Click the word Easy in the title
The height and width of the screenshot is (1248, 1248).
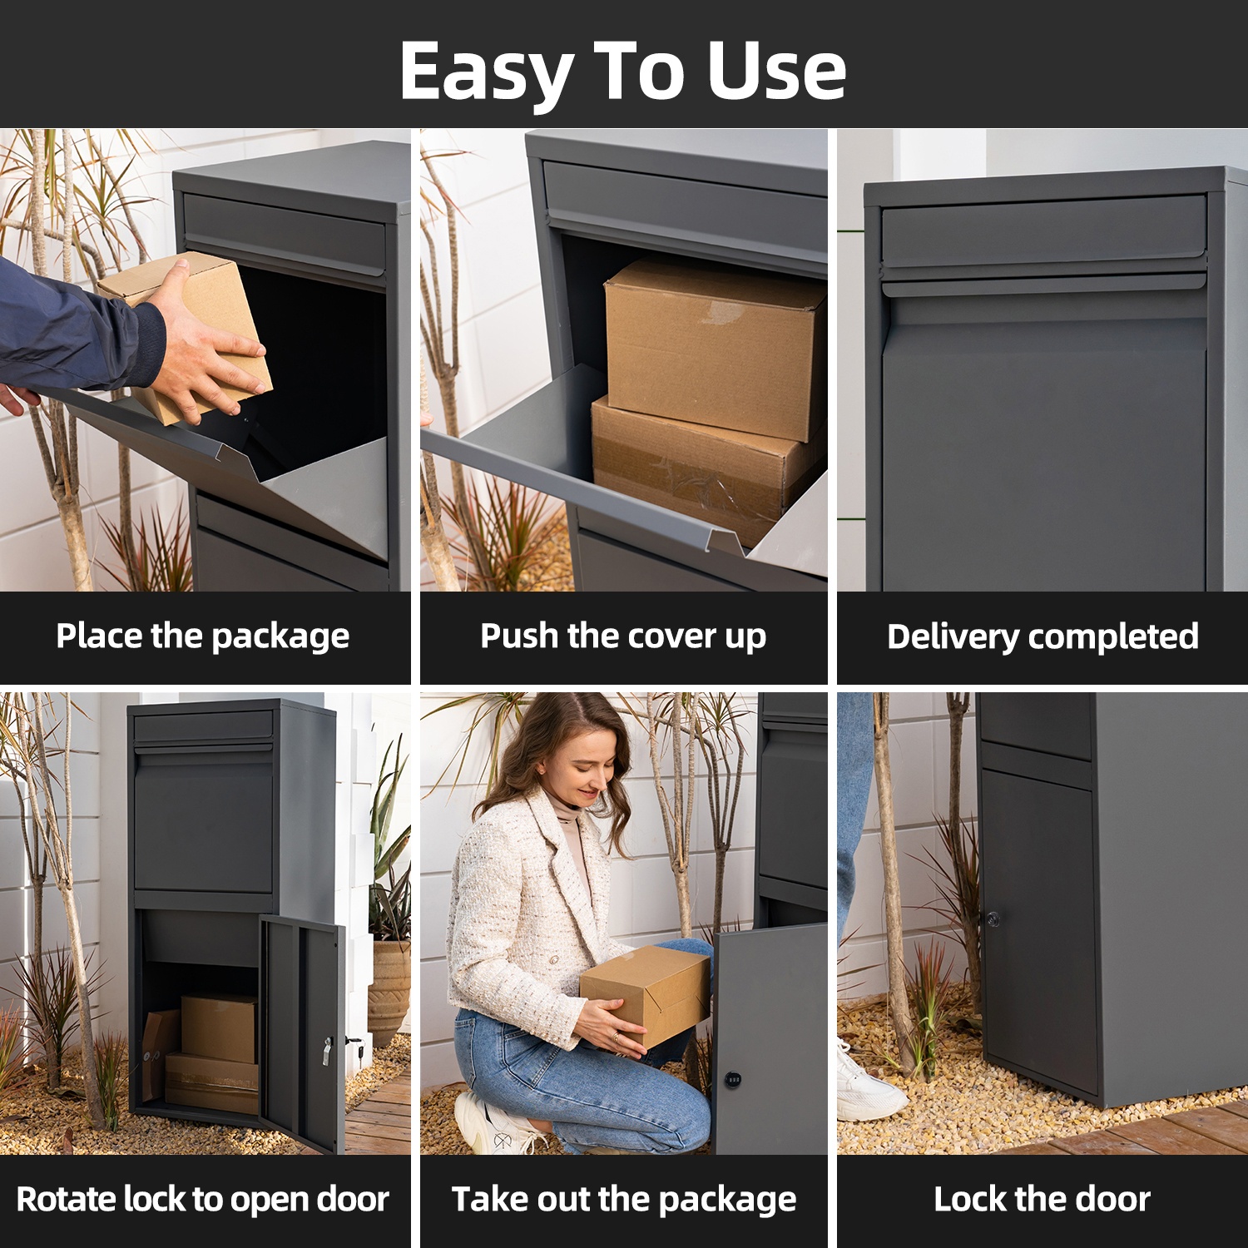[486, 73]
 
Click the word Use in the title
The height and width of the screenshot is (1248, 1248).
[776, 72]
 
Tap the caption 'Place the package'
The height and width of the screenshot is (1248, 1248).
[203, 637]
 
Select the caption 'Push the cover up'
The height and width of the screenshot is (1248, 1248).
[623, 637]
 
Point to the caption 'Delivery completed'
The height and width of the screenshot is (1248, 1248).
[1042, 637]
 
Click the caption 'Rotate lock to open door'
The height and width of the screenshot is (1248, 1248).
[203, 1200]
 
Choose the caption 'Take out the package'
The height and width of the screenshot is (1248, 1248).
[624, 1200]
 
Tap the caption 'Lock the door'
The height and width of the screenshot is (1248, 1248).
[1042, 1199]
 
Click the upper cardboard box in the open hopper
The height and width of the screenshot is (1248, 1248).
[714, 348]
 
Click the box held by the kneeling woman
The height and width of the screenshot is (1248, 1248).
[646, 994]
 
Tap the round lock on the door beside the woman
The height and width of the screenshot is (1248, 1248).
[733, 1079]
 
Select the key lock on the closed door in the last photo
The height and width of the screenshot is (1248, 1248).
[992, 919]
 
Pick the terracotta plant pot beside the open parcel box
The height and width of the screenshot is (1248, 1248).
[389, 990]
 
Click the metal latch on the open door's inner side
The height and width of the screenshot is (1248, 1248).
[328, 1052]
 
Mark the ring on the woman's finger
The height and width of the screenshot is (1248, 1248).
[617, 1037]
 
